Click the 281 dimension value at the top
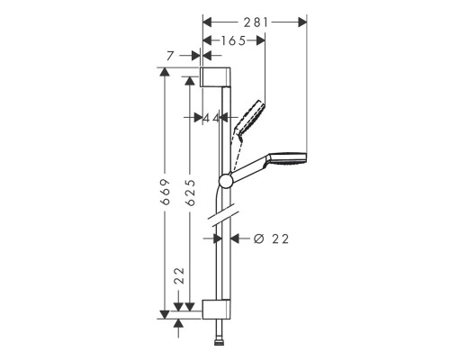[x=254, y=20]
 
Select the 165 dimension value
[x=232, y=40]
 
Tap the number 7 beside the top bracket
[x=172, y=56]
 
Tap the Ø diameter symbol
[x=258, y=238]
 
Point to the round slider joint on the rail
[x=225, y=183]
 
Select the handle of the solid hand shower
[x=252, y=170]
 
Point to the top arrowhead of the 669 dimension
[x=165, y=71]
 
